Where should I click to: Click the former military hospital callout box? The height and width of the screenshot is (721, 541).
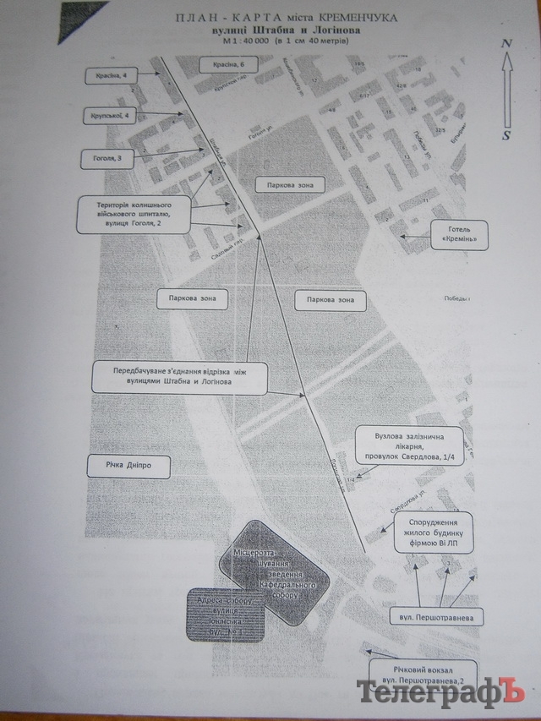pos(132,216)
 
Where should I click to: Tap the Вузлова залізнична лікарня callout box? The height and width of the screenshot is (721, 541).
pos(410,446)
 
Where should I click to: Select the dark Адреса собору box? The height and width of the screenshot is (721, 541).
pos(226,615)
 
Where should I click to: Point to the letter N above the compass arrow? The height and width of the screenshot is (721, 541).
pos(505,43)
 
